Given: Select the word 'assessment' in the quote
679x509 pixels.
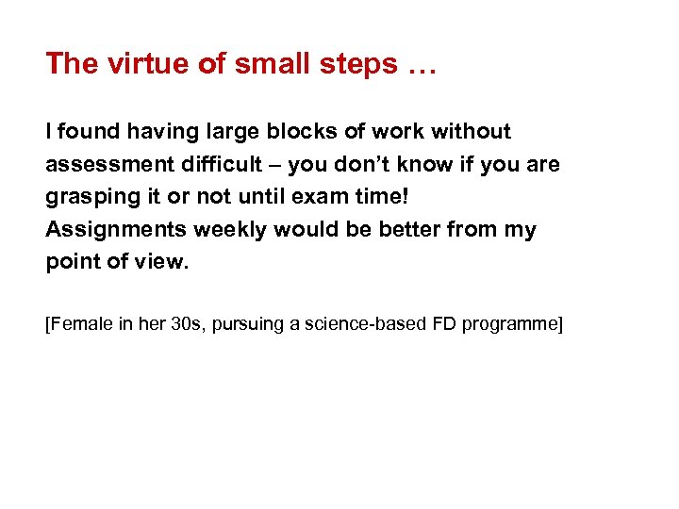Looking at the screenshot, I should [x=106, y=165].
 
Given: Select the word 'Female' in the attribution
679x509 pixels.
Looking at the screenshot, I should [x=77, y=325].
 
